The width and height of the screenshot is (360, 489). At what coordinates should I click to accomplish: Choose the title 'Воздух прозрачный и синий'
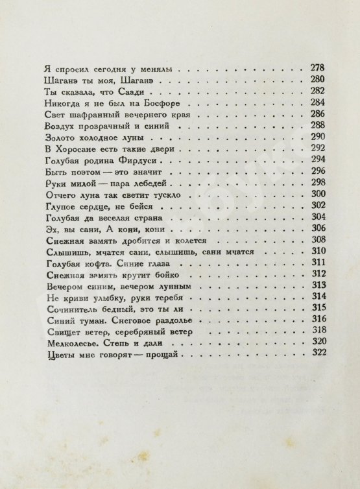(x=100, y=125)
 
